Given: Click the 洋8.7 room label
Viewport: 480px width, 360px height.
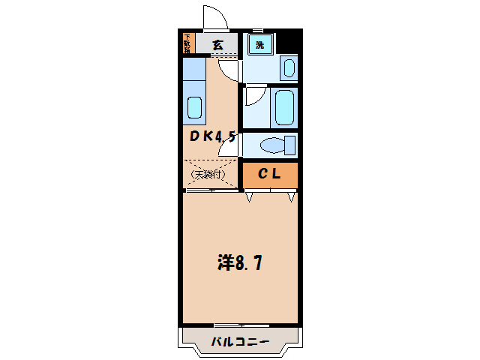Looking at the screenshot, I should [239, 263].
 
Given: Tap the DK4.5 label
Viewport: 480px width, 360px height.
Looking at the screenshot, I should [212, 137].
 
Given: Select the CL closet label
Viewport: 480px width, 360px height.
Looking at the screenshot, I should [269, 175].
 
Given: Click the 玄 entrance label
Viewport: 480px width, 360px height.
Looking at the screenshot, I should [217, 45].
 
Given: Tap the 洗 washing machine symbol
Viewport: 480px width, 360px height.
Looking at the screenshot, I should [259, 45].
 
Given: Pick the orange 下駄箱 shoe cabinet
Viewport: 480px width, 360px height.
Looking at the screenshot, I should [187, 43].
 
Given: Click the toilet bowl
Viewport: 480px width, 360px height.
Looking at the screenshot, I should [270, 145].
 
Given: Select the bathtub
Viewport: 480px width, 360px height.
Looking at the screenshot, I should [285, 107].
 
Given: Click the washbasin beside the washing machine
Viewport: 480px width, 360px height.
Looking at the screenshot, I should [289, 67].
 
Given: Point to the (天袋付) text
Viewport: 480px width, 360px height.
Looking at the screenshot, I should [208, 175].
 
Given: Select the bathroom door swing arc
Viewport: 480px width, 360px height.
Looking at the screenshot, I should [253, 94].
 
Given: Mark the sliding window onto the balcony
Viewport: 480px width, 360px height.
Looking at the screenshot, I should [239, 325].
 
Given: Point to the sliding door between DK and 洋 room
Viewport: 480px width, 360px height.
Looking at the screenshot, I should [211, 190].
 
